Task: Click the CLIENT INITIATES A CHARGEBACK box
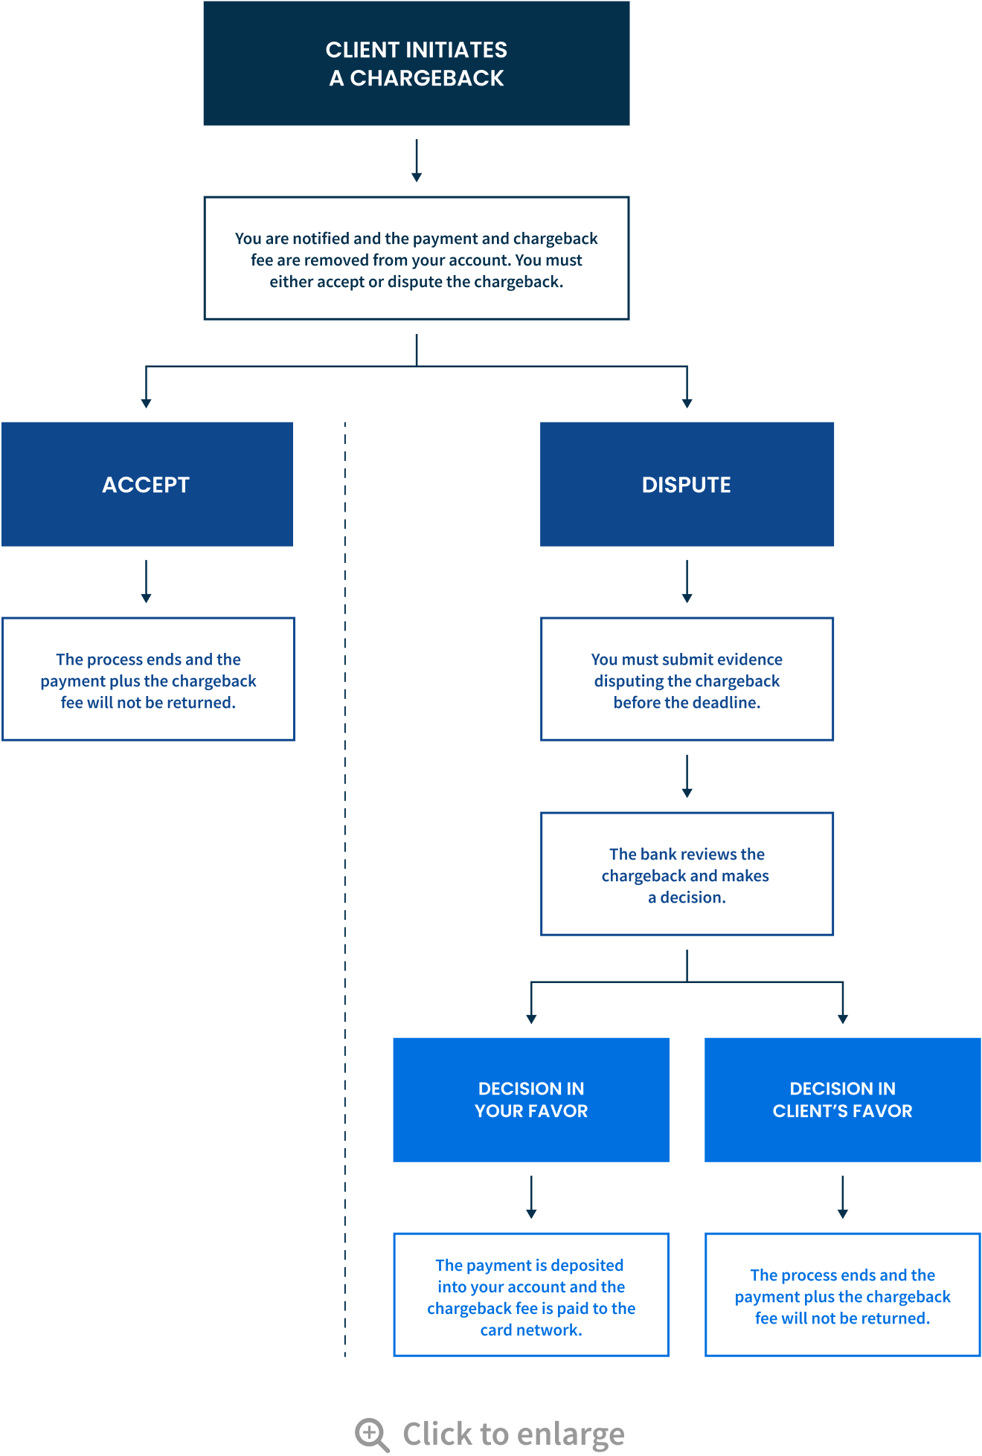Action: pyautogui.click(x=417, y=64)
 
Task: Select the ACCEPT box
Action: pyautogui.click(x=147, y=484)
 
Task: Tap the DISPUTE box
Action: pyautogui.click(x=687, y=484)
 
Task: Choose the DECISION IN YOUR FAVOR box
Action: pyautogui.click(x=531, y=1100)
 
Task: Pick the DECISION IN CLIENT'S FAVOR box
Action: pyautogui.click(x=842, y=1100)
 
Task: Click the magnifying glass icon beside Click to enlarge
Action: pyautogui.click(x=371, y=1434)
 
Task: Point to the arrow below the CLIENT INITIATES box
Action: pyautogui.click(x=417, y=161)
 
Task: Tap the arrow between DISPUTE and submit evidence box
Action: pyautogui.click(x=687, y=582)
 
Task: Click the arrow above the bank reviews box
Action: pyautogui.click(x=687, y=776)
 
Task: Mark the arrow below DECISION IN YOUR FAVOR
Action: pyautogui.click(x=531, y=1197)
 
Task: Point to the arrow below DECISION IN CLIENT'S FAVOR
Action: pyautogui.click(x=842, y=1197)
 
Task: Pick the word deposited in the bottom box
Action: pyautogui.click(x=587, y=1265)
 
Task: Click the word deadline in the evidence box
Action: pyautogui.click(x=726, y=703)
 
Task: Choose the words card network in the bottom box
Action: pyautogui.click(x=530, y=1330)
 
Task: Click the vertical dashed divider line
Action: pyautogui.click(x=344, y=892)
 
